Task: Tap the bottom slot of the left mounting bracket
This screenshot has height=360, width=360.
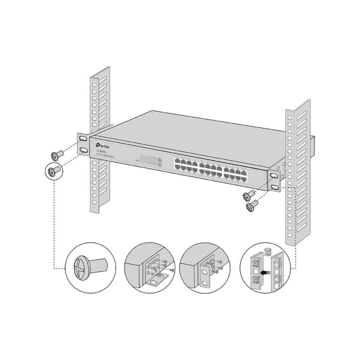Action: click(84, 150)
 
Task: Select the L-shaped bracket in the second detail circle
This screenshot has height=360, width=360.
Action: click(155, 281)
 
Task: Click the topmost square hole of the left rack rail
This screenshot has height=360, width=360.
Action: click(94, 84)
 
